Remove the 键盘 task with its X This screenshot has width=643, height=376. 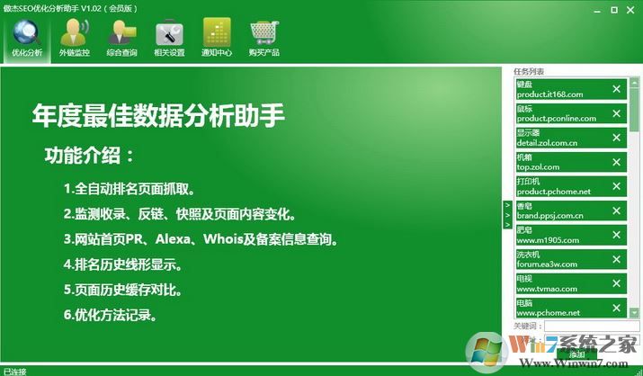tap(616, 89)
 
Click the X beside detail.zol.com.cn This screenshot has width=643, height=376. tap(616, 138)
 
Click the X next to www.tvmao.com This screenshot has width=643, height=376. tap(616, 283)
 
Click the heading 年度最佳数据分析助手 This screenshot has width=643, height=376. tap(158, 115)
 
